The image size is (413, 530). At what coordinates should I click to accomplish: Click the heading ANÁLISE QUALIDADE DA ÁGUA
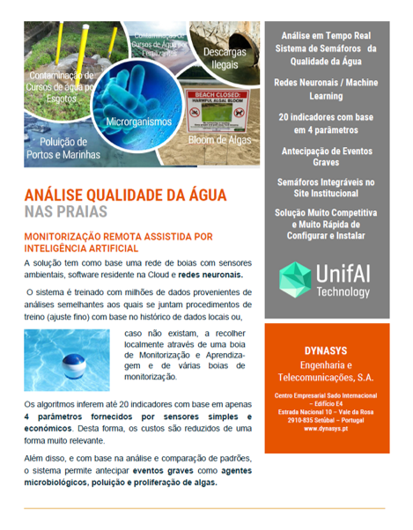pyautogui.click(x=125, y=195)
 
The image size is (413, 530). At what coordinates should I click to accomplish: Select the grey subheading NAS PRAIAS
pyautogui.click(x=66, y=212)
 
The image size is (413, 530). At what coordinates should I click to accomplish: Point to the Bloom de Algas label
pyautogui.click(x=214, y=140)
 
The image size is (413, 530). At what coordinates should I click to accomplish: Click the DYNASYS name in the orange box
pyautogui.click(x=327, y=350)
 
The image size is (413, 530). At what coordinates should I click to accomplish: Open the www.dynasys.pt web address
pyautogui.click(x=327, y=429)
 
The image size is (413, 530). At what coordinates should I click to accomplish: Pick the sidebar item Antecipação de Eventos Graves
pyautogui.click(x=327, y=157)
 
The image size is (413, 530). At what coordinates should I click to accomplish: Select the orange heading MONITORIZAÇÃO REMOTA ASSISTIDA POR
pyautogui.click(x=118, y=237)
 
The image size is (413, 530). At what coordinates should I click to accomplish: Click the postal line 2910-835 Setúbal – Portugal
pyautogui.click(x=327, y=420)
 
